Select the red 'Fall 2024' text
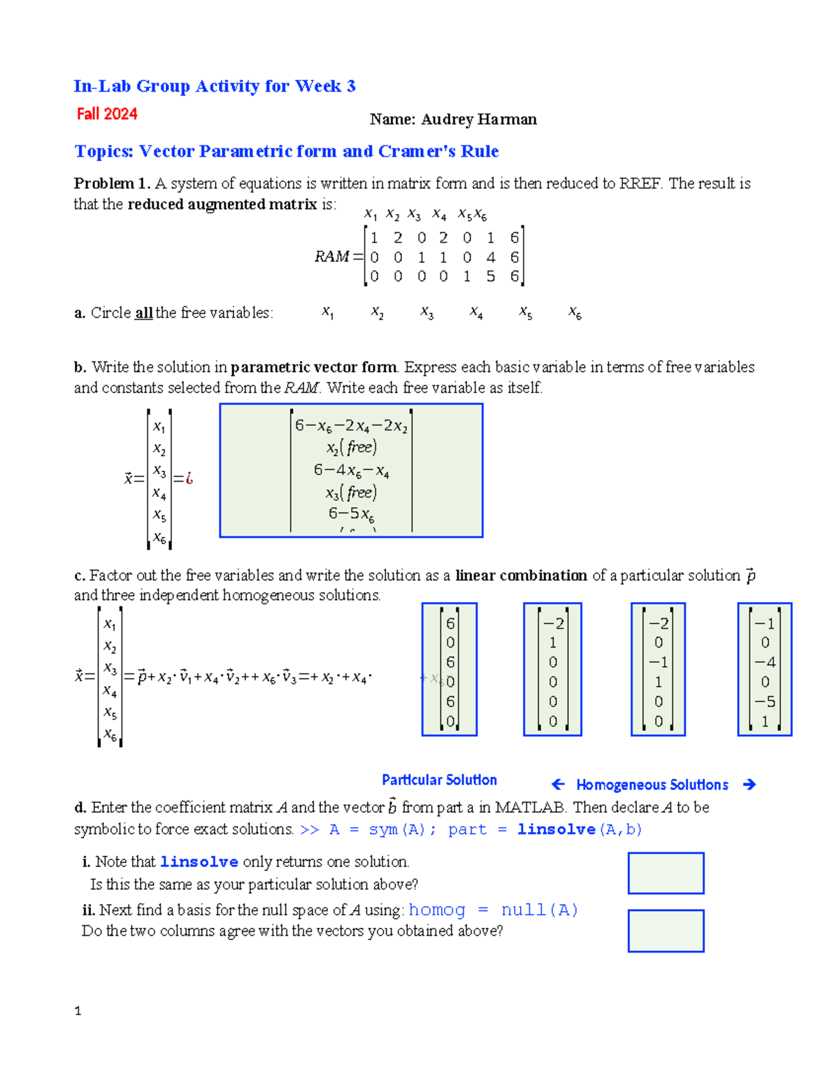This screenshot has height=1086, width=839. tap(107, 114)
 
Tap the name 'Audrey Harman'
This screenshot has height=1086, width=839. tap(479, 120)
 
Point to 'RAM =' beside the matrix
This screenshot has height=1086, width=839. tap(338, 257)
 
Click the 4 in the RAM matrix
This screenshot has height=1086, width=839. tap(491, 257)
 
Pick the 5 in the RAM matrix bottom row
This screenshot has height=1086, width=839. tap(491, 277)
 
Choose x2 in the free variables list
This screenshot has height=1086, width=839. tap(377, 313)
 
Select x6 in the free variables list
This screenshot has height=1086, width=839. tap(575, 313)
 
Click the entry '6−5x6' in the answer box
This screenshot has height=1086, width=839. tap(351, 514)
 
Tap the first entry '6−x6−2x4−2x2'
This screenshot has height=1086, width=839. tap(351, 426)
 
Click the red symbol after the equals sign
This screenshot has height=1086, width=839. tap(189, 479)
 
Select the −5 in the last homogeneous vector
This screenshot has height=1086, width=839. tap(764, 701)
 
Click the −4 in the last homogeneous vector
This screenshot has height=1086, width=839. tap(764, 662)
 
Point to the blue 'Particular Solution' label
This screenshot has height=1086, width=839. tap(439, 780)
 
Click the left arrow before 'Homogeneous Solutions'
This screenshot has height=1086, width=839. tap(558, 785)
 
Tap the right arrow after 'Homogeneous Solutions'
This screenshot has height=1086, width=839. tap(750, 785)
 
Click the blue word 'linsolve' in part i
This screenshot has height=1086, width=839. tap(199, 862)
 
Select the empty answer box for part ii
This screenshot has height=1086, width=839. tap(666, 931)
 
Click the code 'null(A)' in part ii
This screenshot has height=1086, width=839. tap(539, 910)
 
